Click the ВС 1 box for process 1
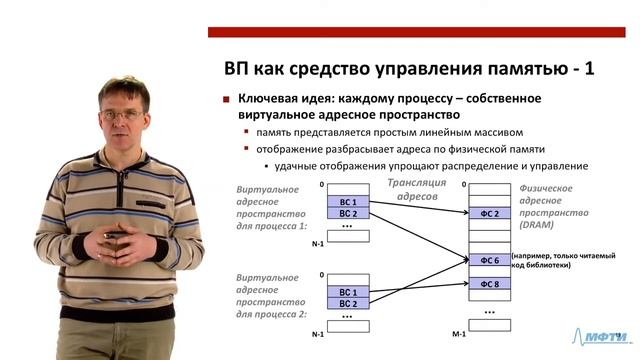tap(348, 202)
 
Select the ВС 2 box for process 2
tap(348, 303)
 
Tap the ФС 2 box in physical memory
tap(489, 213)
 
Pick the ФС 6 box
tap(489, 260)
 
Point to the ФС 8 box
tap(489, 284)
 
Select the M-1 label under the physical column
tap(459, 332)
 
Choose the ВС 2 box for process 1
tap(348, 213)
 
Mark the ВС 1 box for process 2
tap(348, 292)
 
